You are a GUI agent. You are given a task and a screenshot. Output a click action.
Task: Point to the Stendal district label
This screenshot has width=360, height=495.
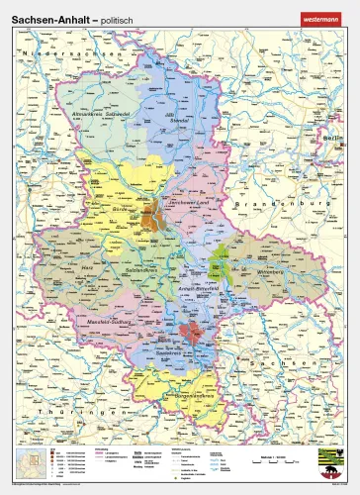tap(179, 123)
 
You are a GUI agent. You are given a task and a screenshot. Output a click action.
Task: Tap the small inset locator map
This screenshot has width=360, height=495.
tap(31, 461)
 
